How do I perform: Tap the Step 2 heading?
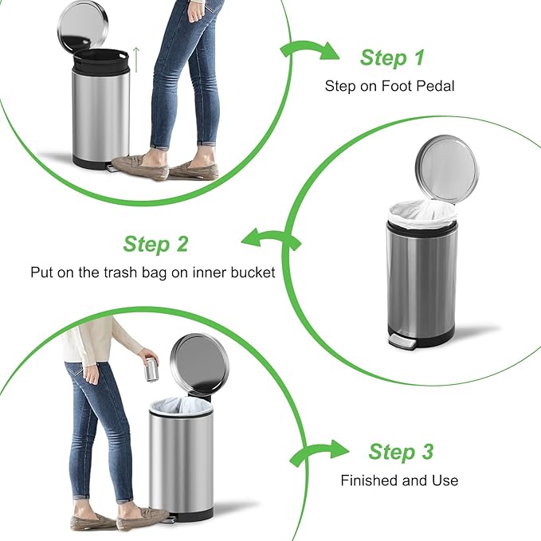click(156, 244)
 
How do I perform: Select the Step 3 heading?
click(401, 452)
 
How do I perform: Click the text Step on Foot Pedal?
click(390, 85)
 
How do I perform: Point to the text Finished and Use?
click(399, 480)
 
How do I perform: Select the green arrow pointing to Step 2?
click(269, 238)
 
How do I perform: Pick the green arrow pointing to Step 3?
click(318, 453)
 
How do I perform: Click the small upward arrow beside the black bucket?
click(136, 58)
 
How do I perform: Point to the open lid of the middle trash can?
click(447, 167)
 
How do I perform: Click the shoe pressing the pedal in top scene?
click(141, 165)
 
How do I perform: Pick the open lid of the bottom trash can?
click(199, 363)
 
